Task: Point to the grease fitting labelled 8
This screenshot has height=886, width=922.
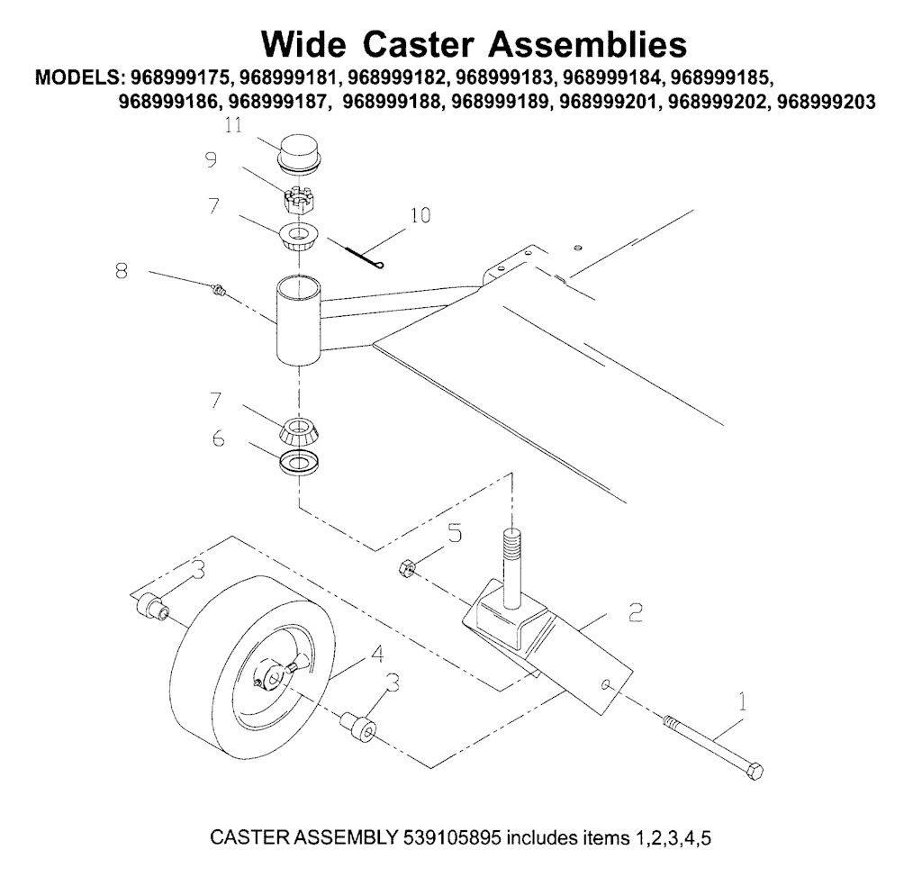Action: tap(216, 289)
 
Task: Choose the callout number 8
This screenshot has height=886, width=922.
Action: tap(121, 270)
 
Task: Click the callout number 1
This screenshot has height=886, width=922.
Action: tap(742, 698)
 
